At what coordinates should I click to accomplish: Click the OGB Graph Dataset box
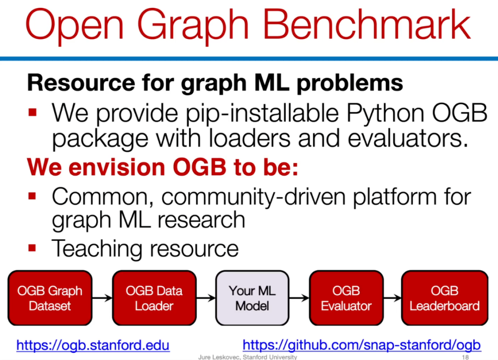click(x=50, y=298)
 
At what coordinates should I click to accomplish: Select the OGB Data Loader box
click(x=154, y=298)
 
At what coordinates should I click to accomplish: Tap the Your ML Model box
click(x=252, y=298)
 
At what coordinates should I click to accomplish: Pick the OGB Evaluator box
click(x=346, y=298)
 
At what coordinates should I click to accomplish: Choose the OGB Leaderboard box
click(x=445, y=298)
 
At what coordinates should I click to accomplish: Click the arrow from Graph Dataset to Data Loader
click(x=102, y=298)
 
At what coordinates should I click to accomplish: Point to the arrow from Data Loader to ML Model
click(x=206, y=298)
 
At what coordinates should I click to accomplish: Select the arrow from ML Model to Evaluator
click(x=299, y=298)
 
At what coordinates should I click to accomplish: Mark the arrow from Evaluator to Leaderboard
click(x=392, y=298)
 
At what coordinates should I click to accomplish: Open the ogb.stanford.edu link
click(x=93, y=345)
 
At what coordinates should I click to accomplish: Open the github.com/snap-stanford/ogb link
click(x=362, y=345)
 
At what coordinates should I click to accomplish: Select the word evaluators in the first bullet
click(x=408, y=139)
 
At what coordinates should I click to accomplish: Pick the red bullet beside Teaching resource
click(x=32, y=248)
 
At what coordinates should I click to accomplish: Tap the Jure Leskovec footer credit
click(x=248, y=357)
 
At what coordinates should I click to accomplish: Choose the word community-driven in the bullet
click(x=254, y=197)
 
